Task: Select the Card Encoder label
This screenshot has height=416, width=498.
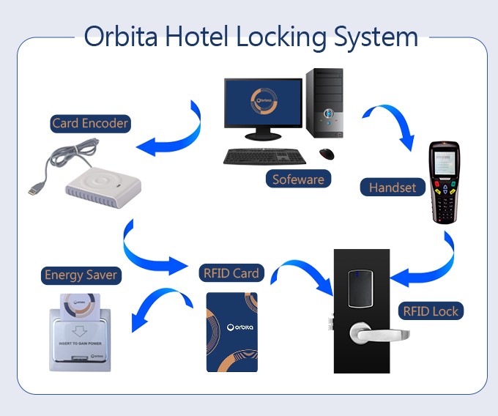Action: [90, 123]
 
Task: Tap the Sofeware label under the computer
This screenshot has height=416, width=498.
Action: [298, 179]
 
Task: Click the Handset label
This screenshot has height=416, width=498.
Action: [393, 187]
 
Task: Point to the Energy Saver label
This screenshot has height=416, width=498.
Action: [81, 275]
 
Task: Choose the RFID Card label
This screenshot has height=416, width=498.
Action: [231, 273]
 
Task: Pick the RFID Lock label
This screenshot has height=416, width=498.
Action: [431, 311]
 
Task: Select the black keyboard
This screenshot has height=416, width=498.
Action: [265, 155]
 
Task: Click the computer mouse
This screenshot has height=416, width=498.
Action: [327, 154]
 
